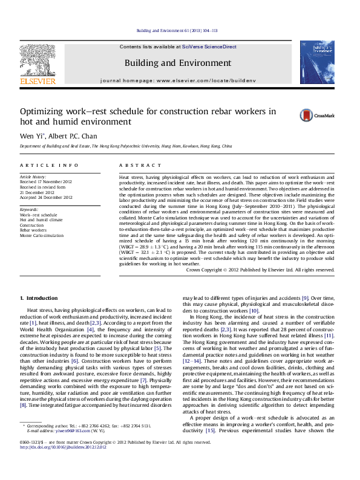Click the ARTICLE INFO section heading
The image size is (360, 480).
tap(50, 165)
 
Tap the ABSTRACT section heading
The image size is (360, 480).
tap(135, 165)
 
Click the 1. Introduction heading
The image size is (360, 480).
tap(39, 298)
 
